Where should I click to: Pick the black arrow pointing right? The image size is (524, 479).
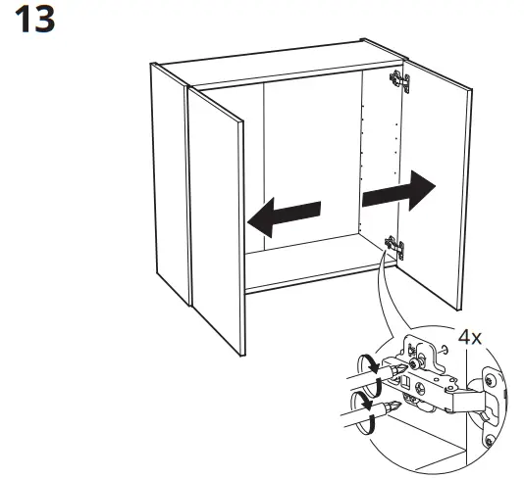[x=398, y=190]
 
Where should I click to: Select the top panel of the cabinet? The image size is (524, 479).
[x=275, y=58]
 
